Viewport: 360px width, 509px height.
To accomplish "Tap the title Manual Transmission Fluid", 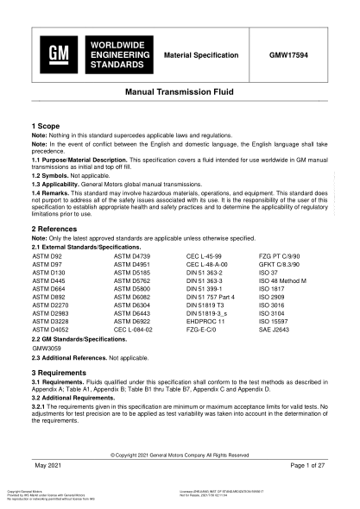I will click(180, 91).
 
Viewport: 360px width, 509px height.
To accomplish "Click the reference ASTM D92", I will click(48, 256).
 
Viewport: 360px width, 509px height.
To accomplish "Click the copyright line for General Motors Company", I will click(180, 454).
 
